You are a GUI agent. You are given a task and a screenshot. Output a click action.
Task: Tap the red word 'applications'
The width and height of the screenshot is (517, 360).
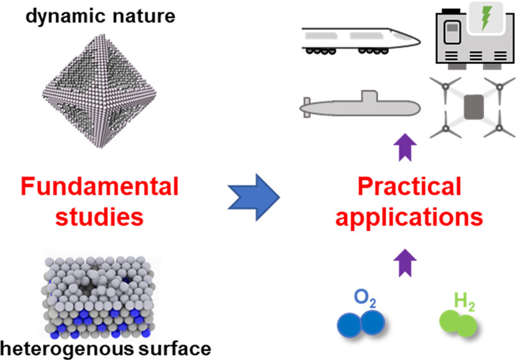(409, 217)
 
